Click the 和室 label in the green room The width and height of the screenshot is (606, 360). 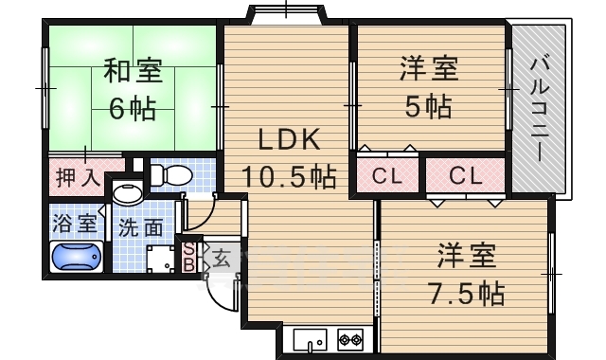(x=132, y=72)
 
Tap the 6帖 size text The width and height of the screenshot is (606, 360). (x=132, y=109)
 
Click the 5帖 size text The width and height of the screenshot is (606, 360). (x=428, y=105)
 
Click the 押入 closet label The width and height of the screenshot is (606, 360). (x=77, y=176)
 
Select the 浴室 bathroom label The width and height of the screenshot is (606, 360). (x=75, y=225)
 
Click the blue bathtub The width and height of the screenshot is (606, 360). (x=77, y=258)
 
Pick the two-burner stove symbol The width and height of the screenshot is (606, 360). (x=349, y=339)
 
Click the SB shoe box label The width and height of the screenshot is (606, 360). (x=188, y=256)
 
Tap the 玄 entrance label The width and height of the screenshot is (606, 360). (x=219, y=256)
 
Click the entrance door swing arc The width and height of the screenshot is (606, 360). (x=220, y=294)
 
